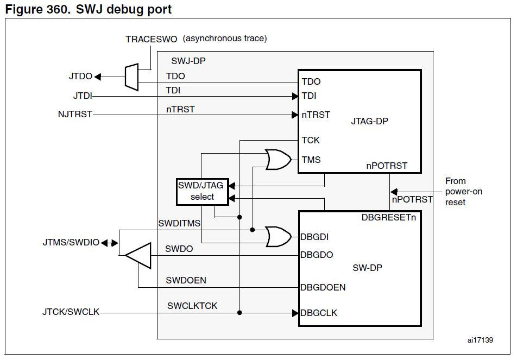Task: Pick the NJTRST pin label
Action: pos(75,115)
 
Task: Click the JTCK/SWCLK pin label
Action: pos(71,312)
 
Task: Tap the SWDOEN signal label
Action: pos(186,280)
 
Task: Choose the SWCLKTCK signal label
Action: pos(192,306)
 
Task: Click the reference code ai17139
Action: pos(479,340)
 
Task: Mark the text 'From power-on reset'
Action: pos(463,191)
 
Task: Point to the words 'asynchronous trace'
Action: pos(225,39)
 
